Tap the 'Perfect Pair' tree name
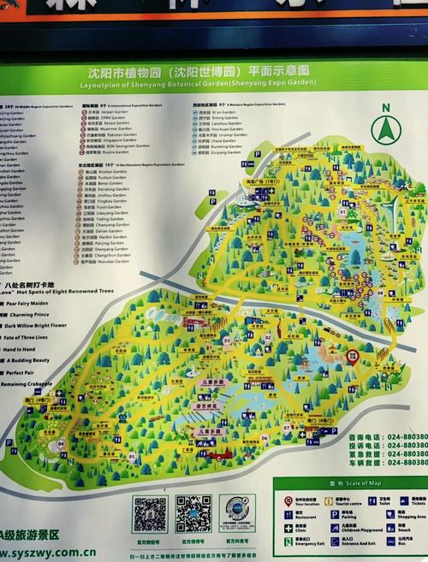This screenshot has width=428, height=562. pos(21,373)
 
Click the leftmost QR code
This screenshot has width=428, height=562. pos(149,513)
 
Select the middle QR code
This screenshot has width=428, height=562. pos(193,513)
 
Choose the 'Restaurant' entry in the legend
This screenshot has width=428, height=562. pos(304,518)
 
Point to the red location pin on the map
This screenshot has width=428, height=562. pos(352,359)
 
